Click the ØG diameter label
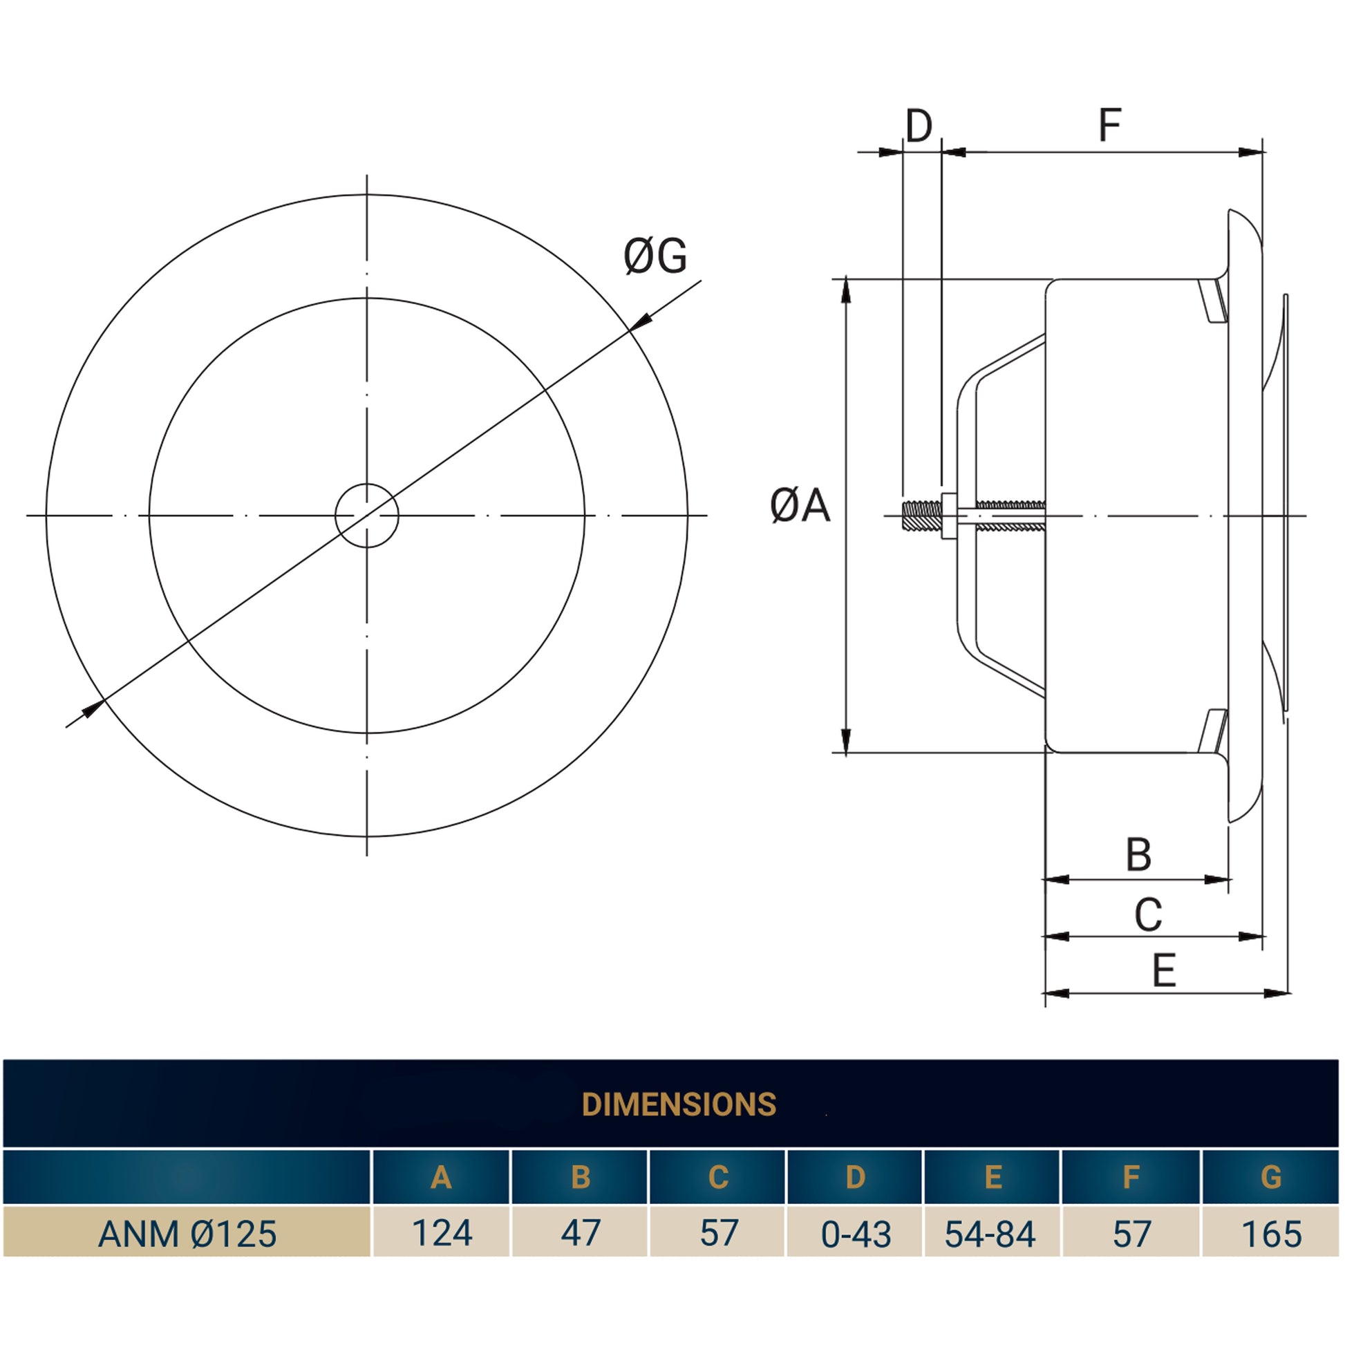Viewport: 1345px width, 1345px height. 655,256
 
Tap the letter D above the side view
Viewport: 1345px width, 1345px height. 919,126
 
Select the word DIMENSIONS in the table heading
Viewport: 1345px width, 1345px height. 679,1104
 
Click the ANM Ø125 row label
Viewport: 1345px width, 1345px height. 187,1234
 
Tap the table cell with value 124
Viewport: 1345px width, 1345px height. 442,1234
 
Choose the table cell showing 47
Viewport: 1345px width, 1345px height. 581,1234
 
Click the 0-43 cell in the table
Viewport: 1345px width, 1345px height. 856,1234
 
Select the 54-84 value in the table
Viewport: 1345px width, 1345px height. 990,1234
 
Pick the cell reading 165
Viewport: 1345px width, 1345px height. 1271,1234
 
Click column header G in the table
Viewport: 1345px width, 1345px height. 1271,1176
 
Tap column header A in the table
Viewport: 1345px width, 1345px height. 442,1176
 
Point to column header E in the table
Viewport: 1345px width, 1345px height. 993,1176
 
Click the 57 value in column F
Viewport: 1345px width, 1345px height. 1132,1234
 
